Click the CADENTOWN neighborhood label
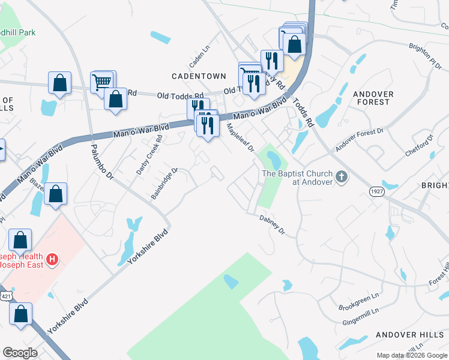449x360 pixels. (x=199, y=76)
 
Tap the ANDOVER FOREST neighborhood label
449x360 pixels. (x=373, y=98)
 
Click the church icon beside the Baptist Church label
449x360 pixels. (x=342, y=176)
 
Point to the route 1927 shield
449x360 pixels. (x=376, y=190)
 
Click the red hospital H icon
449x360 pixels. (x=53, y=259)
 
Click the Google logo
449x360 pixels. (x=20, y=353)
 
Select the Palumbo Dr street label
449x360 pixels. (x=102, y=161)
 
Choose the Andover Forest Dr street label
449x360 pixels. (x=360, y=140)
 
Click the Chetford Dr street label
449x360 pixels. (x=419, y=146)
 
